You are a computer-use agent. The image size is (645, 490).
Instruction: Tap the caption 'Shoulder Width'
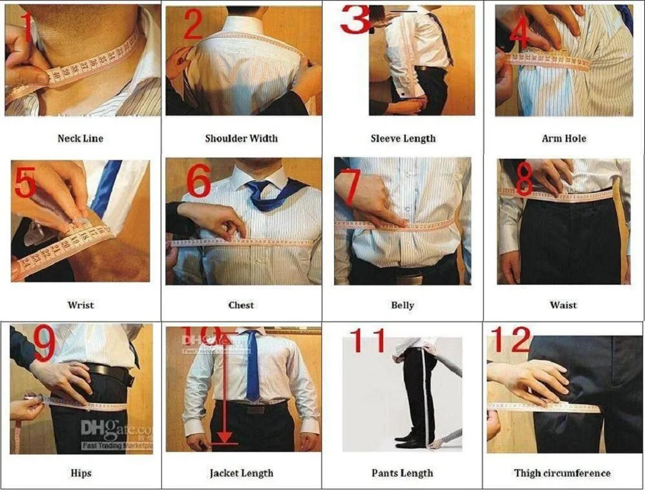(241, 138)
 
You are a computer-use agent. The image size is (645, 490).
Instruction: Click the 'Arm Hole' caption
(563, 138)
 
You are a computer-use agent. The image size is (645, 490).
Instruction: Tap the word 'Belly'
(402, 305)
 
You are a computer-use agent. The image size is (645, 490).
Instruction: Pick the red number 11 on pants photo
(368, 341)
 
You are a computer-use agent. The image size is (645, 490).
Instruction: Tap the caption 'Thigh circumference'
(562, 473)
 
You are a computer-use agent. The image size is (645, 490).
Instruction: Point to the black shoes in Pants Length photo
(410, 439)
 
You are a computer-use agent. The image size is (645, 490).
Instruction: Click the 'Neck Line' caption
(80, 138)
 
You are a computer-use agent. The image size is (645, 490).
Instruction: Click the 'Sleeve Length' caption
(403, 138)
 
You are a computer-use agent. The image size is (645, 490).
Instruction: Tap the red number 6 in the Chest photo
(198, 182)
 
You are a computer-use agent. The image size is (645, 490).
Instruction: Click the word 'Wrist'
(80, 305)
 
